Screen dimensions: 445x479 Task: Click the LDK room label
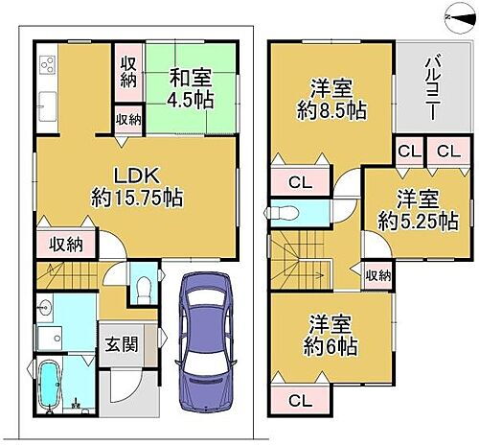click(x=135, y=178)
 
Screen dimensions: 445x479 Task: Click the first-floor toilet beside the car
click(x=142, y=287)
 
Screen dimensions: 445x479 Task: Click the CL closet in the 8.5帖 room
click(x=299, y=181)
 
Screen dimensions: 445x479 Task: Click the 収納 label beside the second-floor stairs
click(x=377, y=276)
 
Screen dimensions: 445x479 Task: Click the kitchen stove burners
click(x=48, y=67)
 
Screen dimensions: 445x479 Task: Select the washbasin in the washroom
click(x=46, y=309)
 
